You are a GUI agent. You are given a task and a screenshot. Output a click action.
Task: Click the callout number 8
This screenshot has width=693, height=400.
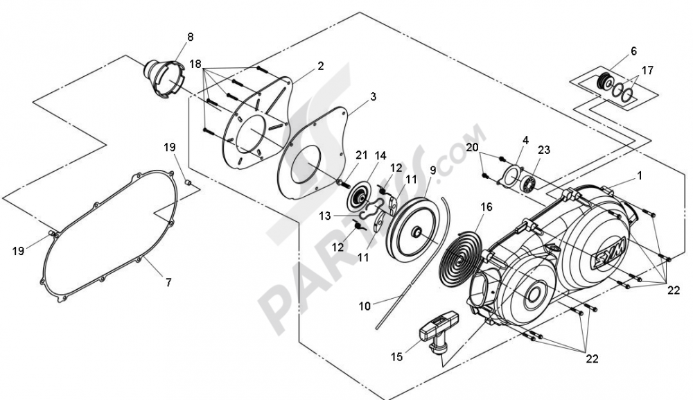pyautogui.click(x=191, y=37)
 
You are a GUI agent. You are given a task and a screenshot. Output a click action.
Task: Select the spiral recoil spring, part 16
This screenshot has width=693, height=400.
pyautogui.click(x=461, y=257)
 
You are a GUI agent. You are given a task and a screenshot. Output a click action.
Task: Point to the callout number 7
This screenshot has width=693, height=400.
pyautogui.click(x=168, y=282)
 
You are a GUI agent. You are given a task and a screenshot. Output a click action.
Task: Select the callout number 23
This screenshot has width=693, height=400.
pyautogui.click(x=543, y=150)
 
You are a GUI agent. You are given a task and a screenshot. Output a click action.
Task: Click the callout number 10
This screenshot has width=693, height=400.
pyautogui.click(x=365, y=306)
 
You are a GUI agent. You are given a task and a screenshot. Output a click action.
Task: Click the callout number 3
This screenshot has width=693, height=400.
pyautogui.click(x=374, y=96)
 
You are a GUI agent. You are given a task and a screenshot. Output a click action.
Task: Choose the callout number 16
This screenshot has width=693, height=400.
pyautogui.click(x=486, y=207)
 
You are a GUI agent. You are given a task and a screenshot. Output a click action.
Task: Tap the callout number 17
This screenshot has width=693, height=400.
pyautogui.click(x=647, y=70)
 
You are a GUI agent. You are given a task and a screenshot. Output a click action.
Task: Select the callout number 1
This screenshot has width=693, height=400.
pyautogui.click(x=639, y=175)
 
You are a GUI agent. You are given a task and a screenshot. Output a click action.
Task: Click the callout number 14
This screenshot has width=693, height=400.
pyautogui.click(x=380, y=155)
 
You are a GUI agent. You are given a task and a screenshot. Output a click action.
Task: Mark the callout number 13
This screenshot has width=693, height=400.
pyautogui.click(x=325, y=216)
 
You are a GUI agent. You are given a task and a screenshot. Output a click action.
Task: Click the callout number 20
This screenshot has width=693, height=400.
pyautogui.click(x=472, y=147)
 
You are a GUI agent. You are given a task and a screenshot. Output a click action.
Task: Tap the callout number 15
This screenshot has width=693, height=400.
pyautogui.click(x=397, y=356)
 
